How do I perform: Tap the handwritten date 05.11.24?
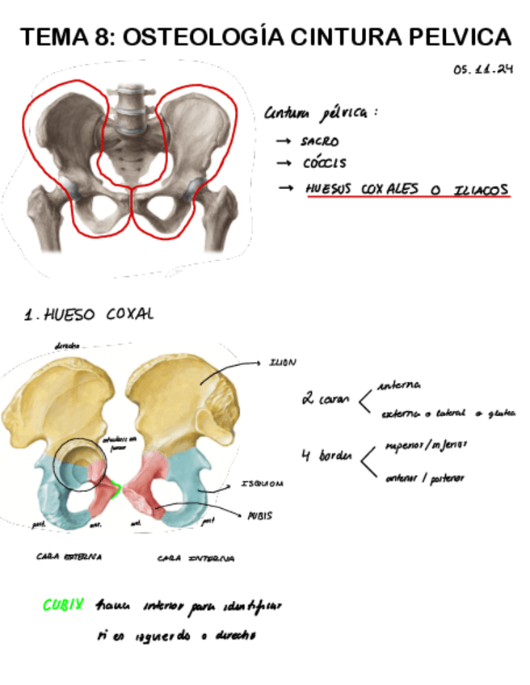click(x=483, y=70)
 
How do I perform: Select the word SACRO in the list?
click(x=320, y=141)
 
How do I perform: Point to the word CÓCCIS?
click(x=324, y=164)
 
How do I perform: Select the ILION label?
click(x=283, y=363)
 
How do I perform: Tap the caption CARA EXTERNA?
click(x=69, y=557)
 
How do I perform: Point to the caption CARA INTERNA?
click(x=196, y=558)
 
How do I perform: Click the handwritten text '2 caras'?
click(x=326, y=399)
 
